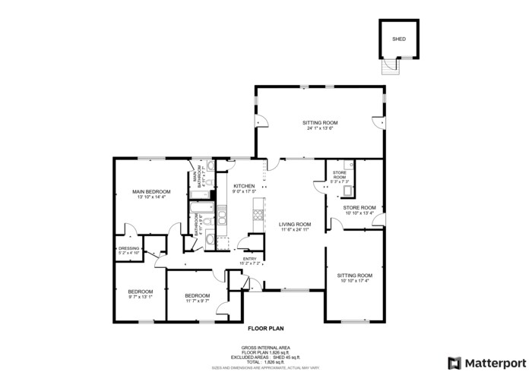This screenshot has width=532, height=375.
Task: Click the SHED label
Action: [398, 38]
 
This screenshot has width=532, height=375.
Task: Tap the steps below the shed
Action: [389, 68]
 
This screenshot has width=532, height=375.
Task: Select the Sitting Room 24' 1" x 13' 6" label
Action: [320, 122]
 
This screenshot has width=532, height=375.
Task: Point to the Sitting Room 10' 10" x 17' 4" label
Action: [354, 275]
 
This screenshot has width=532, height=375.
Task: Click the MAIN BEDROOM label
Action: [150, 191]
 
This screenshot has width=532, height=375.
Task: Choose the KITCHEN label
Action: [243, 186]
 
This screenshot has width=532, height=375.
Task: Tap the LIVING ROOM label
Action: [295, 224]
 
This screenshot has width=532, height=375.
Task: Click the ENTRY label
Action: [249, 259]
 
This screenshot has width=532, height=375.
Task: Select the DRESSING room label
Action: [128, 248]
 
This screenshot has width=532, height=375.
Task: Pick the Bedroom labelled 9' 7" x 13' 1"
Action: [140, 291]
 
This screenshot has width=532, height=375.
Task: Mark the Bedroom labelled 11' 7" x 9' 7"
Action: [197, 296]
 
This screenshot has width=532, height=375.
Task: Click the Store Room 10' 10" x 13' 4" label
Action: [359, 207]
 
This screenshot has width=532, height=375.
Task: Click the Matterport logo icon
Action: [454, 363]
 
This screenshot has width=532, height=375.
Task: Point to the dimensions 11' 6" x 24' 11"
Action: [295, 230]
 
